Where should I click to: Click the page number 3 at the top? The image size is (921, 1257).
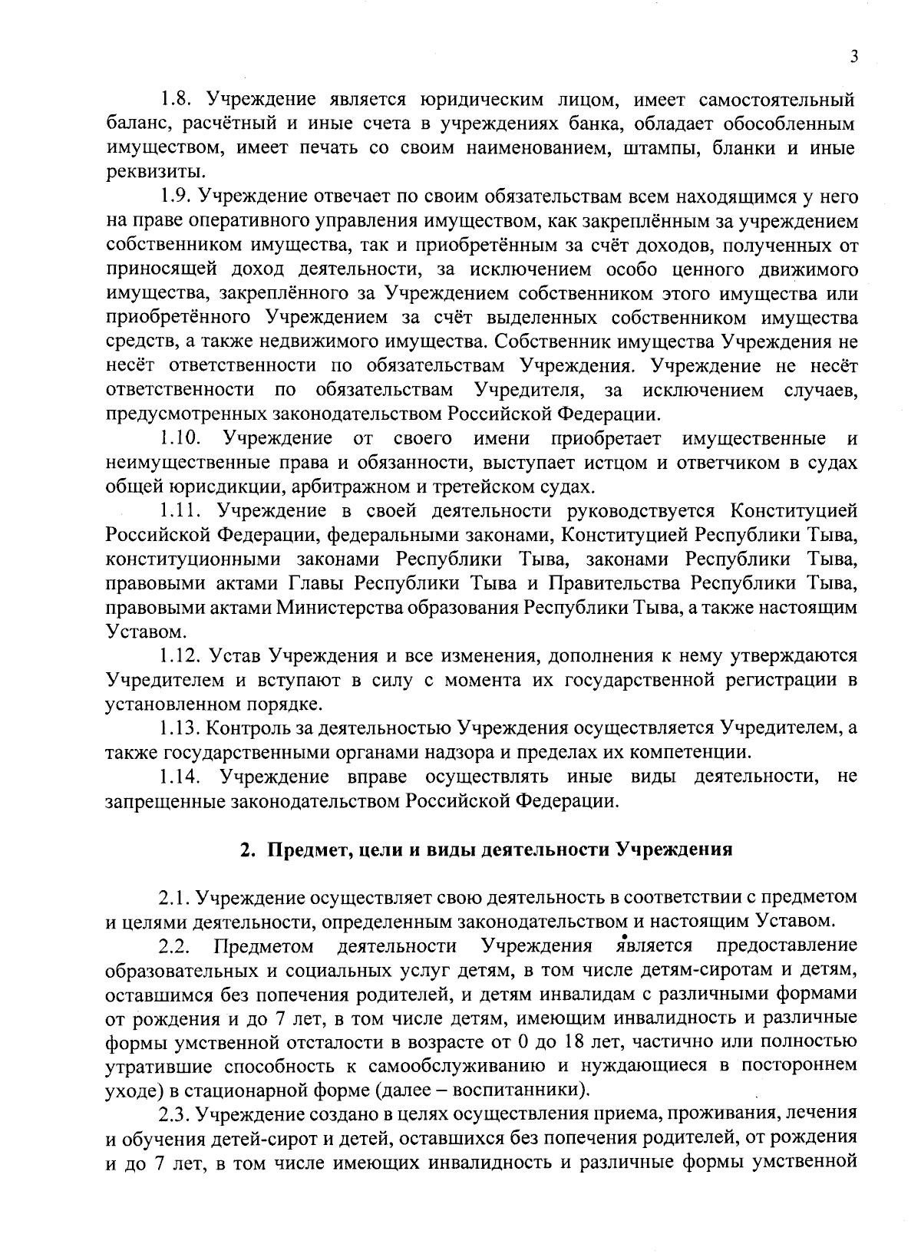[853, 57]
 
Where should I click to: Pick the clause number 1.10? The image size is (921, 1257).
[181, 439]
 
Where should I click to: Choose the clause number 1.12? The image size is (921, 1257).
[181, 656]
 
